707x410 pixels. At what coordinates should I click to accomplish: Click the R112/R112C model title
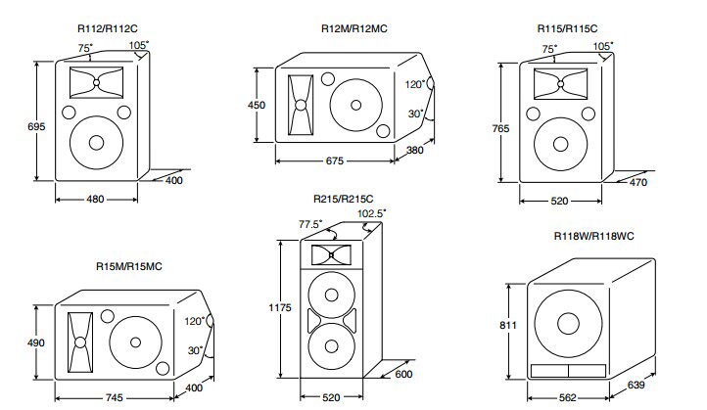click(x=108, y=28)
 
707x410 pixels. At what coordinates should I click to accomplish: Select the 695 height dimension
click(x=36, y=126)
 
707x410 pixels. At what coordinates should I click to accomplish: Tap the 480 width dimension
click(x=95, y=200)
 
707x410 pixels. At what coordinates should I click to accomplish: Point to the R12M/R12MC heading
click(x=353, y=28)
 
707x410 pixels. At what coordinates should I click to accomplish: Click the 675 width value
click(x=335, y=160)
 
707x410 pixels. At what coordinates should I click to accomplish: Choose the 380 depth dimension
click(x=415, y=150)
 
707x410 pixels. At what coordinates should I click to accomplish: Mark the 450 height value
click(x=257, y=105)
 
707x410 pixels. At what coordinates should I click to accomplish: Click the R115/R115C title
click(x=567, y=28)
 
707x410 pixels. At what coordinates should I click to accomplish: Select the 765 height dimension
click(x=500, y=128)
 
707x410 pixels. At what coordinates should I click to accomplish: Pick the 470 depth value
click(x=638, y=182)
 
